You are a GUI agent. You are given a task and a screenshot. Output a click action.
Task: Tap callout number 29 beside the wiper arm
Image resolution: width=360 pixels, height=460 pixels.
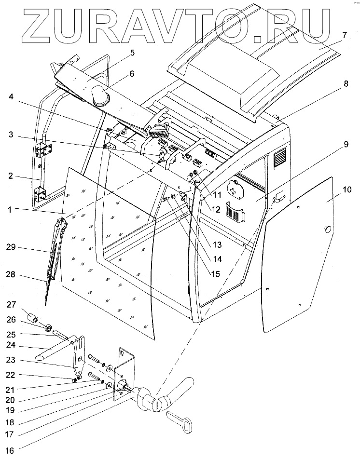click(x=11, y=247)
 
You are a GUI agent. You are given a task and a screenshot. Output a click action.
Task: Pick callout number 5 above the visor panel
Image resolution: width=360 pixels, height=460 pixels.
click(x=118, y=52)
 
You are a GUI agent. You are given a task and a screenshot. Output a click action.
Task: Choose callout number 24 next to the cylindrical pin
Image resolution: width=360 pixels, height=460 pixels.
click(x=11, y=345)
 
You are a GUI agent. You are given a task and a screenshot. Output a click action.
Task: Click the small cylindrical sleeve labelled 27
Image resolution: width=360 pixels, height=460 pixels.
click(x=33, y=319)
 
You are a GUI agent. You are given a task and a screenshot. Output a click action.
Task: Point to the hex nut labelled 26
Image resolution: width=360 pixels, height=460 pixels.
click(x=49, y=328)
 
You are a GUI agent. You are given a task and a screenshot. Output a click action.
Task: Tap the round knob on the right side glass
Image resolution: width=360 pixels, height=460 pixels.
click(x=328, y=230)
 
